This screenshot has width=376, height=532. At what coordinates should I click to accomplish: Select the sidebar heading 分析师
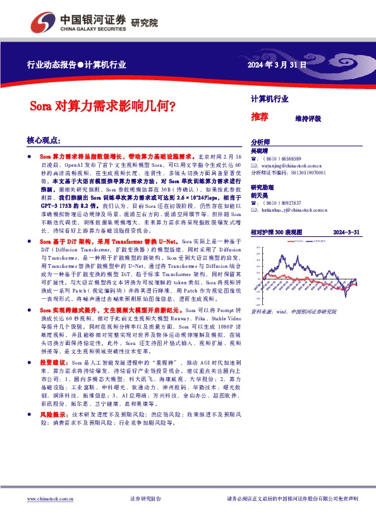[260, 142]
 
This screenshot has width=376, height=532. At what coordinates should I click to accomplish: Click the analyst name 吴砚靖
[259, 152]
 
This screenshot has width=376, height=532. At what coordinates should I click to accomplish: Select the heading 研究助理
[262, 188]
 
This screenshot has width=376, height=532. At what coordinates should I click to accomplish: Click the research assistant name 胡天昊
[259, 196]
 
